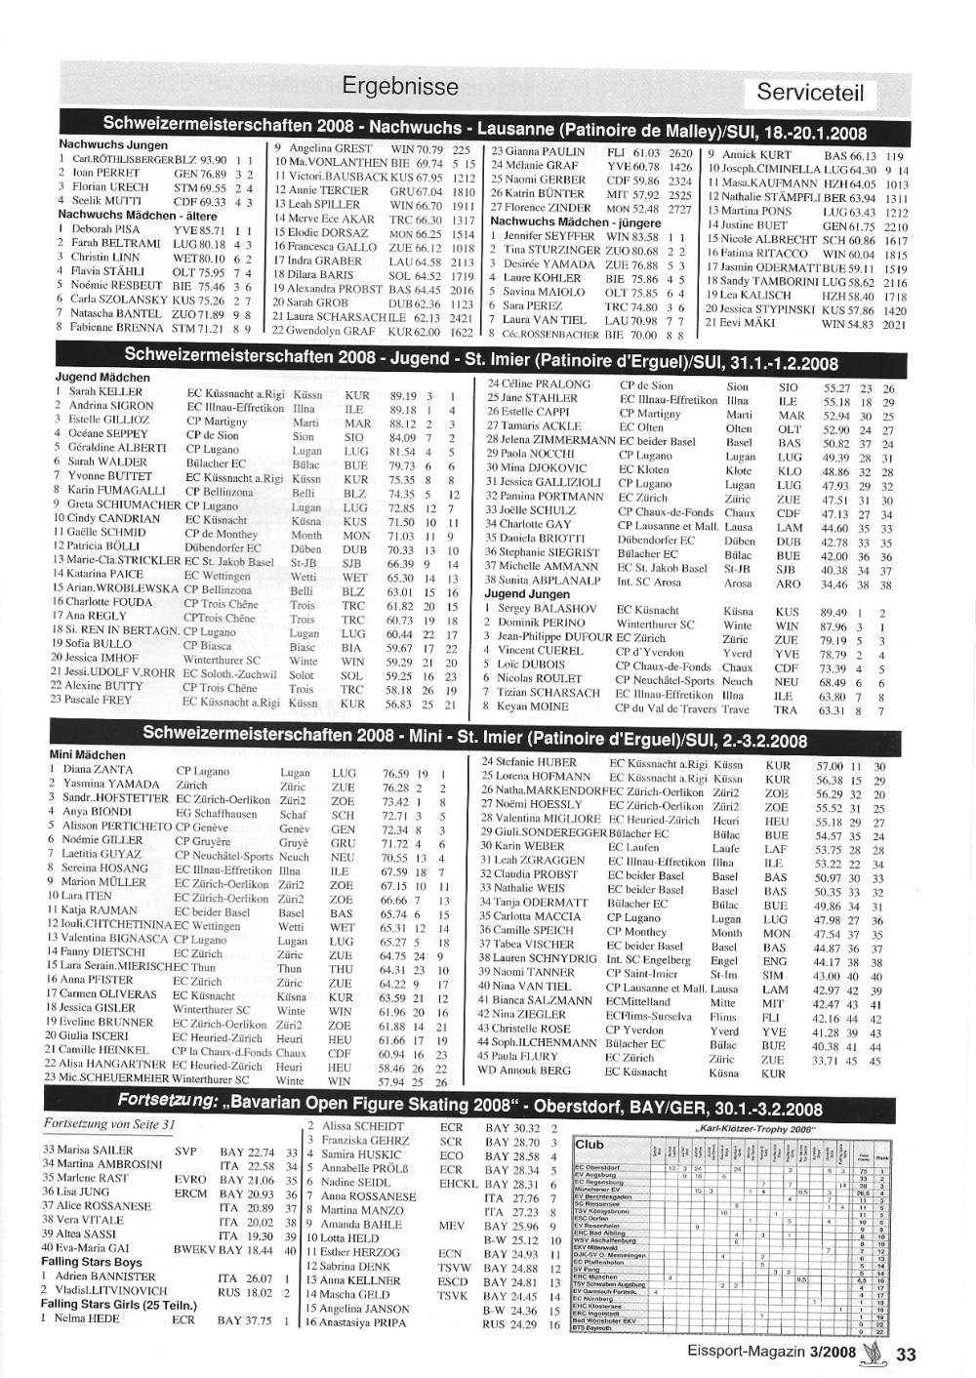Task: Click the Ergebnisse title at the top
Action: point(400,86)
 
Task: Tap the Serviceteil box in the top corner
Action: point(810,94)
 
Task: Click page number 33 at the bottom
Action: point(906,1354)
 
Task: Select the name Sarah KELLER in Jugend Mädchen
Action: point(105,392)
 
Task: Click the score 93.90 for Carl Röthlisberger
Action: point(213,159)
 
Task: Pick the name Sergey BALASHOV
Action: point(547,609)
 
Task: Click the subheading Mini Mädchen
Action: point(88,755)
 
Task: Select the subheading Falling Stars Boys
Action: point(92,1262)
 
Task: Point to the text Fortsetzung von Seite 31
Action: point(109,1124)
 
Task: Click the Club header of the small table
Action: point(590,1145)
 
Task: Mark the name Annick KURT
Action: point(756,154)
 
